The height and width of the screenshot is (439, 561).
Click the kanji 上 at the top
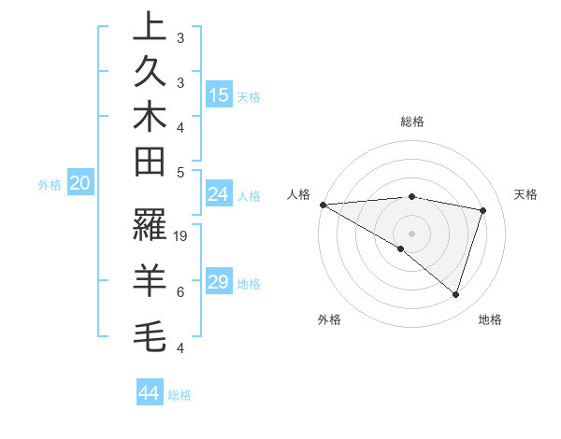coord(150,28)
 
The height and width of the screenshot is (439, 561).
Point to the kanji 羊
coord(150,276)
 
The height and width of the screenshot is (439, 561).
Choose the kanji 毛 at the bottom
coord(150,332)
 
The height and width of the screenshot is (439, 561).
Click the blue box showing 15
coord(219,94)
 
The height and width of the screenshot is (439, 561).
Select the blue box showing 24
coord(219,194)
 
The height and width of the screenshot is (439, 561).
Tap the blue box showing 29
coord(219,282)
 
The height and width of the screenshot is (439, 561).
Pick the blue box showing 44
coord(150,393)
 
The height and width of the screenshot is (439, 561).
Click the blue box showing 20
coord(79,184)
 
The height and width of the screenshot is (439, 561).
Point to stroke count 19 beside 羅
coord(181,236)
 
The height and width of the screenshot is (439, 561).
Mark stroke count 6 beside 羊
coord(180,292)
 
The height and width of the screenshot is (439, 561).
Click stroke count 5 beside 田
coord(180,172)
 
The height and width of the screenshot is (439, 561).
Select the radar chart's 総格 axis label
coord(412,121)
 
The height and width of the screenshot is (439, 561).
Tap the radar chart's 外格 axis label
coord(329,319)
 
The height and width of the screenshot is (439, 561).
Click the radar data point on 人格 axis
coord(323,204)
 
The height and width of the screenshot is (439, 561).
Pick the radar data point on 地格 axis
coord(455,294)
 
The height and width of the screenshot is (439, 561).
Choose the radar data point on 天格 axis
coord(483,210)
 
